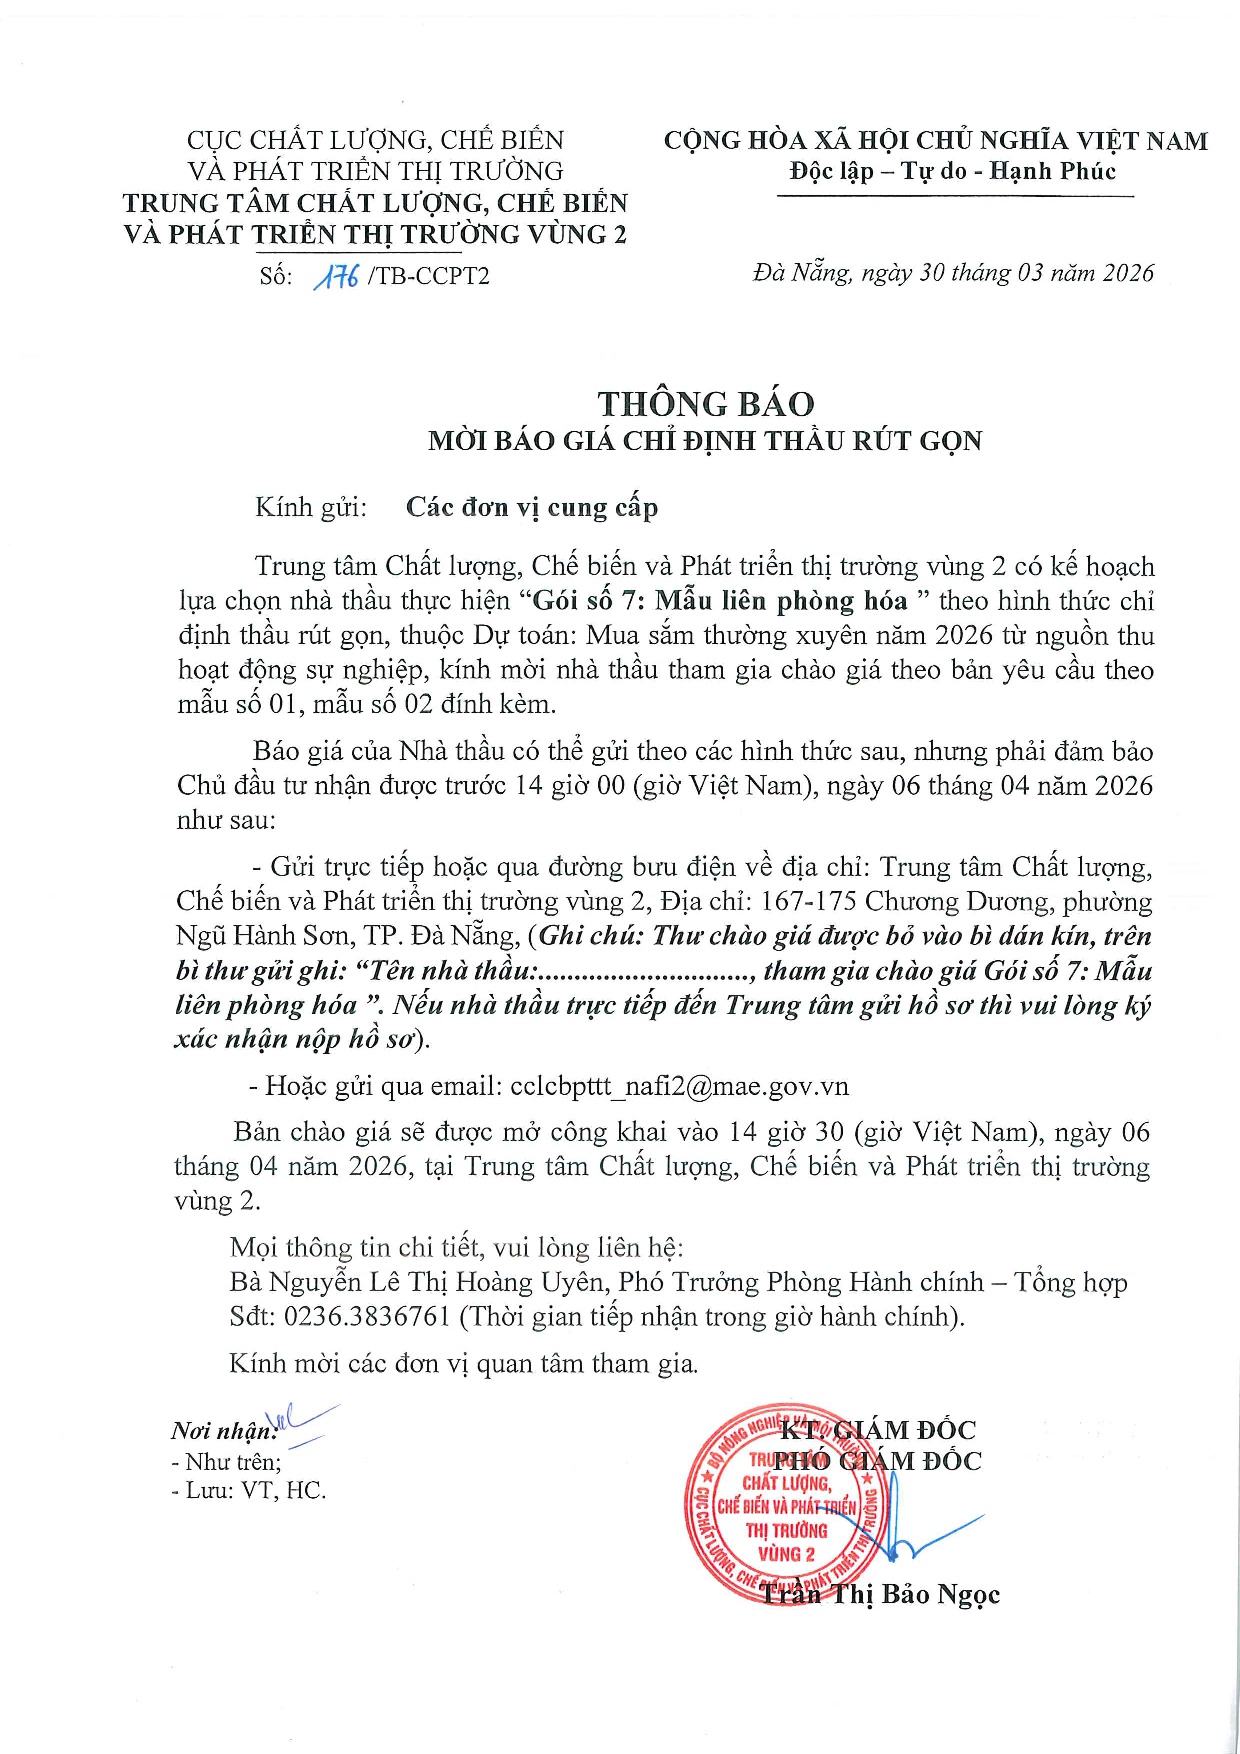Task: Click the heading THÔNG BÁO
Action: pos(706,404)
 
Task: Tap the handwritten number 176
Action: pos(336,275)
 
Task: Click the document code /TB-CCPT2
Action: pos(429,276)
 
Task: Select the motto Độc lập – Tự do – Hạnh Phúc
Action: pos(952,171)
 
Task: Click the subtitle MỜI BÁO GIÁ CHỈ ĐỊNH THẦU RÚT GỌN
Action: pos(705,441)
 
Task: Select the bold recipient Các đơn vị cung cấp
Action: pos(531,507)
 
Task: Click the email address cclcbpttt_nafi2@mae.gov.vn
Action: pos(679,1086)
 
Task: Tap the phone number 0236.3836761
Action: pos(367,1316)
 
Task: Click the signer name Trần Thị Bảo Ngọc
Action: pos(880,1594)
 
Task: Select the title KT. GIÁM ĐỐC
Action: pos(877,1430)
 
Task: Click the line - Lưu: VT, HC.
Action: pos(249,1490)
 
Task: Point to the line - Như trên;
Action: pos(226,1462)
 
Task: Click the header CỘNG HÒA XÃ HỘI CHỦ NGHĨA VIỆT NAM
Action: pos(935,141)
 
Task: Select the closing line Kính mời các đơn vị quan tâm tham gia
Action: pos(463,1363)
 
